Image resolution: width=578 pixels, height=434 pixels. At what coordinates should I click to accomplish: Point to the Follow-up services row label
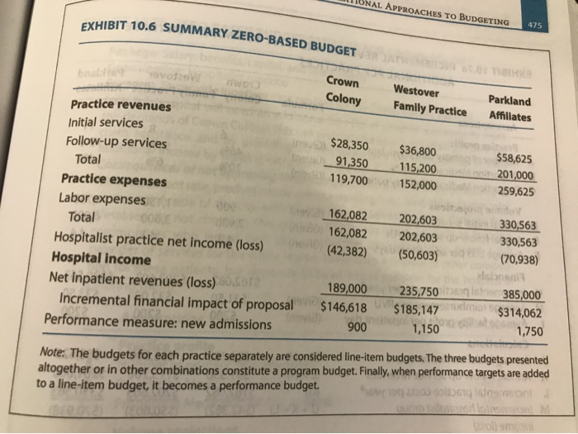click(116, 141)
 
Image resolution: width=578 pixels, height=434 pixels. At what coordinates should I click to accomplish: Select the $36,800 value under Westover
click(418, 150)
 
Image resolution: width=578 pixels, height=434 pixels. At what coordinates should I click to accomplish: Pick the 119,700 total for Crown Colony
click(348, 178)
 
